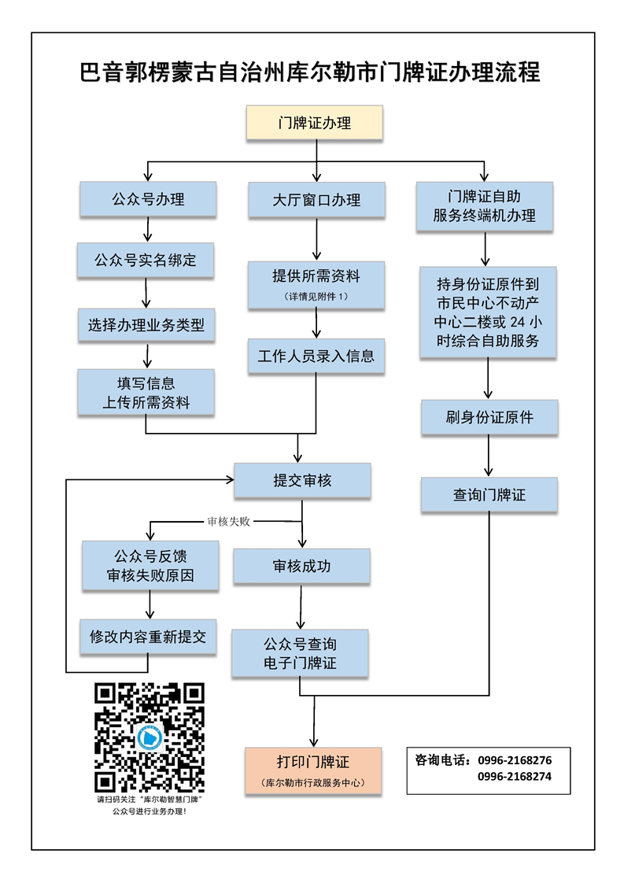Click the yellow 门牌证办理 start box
[315, 124]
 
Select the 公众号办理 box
[148, 200]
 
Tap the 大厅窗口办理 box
[316, 200]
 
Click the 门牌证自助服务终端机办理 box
[485, 207]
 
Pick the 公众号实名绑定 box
[146, 260]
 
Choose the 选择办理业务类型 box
[146, 324]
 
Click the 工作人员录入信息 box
[316, 356]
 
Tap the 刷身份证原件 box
[489, 417]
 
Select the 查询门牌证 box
[489, 495]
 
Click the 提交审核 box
[302, 480]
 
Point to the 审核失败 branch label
[228, 521]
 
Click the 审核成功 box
[302, 566]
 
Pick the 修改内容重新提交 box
[148, 637]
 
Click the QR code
[150, 737]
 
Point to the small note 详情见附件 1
[316, 296]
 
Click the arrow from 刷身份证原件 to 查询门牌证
[489, 456]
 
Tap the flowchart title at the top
[311, 72]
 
